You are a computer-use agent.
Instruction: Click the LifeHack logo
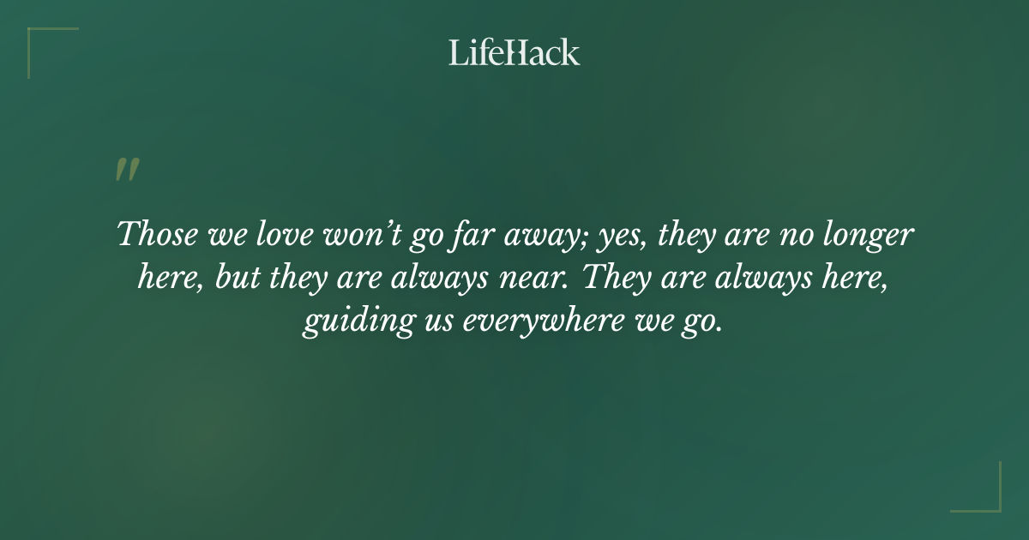514,52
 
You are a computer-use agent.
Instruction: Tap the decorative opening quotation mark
126,170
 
